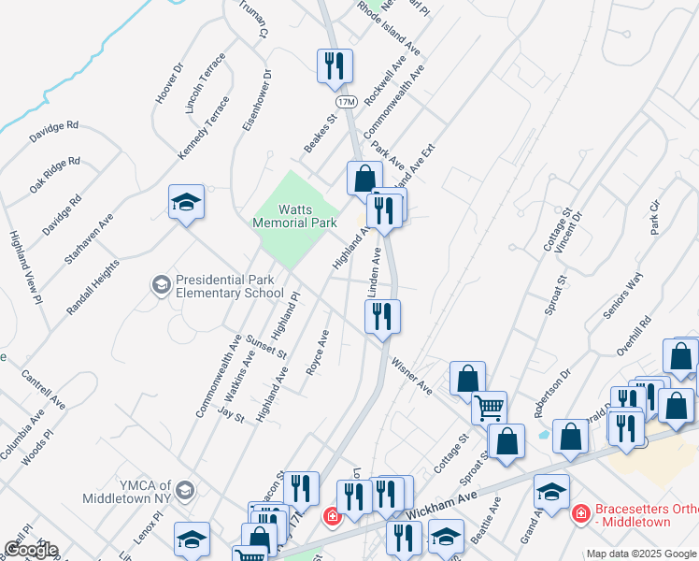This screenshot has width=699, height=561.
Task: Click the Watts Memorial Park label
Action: [294, 217]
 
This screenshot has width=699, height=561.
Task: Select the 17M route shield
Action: [346, 100]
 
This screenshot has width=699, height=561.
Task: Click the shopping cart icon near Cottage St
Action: [489, 408]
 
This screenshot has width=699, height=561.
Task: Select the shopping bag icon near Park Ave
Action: [364, 177]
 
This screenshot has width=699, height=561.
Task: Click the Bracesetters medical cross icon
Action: [579, 513]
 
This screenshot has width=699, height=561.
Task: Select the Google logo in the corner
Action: [30, 550]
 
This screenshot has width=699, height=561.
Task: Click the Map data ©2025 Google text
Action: [641, 554]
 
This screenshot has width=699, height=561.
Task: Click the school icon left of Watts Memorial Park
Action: [186, 202]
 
